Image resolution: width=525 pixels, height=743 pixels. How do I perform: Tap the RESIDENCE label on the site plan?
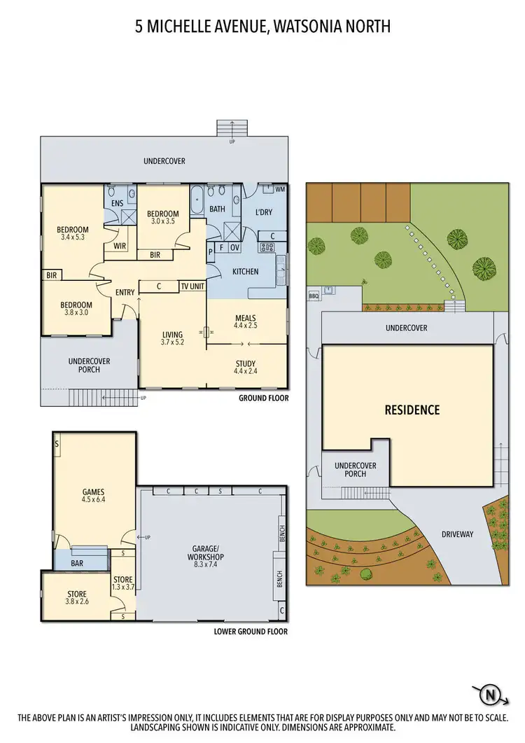pos(412,410)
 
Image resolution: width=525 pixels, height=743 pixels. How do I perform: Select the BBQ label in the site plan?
pos(314,296)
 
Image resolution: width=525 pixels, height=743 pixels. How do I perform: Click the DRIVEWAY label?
pos(458,534)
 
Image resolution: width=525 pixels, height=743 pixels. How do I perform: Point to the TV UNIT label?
pos(192,286)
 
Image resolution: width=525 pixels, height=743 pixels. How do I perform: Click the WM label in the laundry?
pos(279,189)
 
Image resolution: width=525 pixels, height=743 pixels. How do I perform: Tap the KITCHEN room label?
pos(245,272)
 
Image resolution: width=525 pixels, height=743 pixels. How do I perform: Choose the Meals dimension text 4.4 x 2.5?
pos(246,326)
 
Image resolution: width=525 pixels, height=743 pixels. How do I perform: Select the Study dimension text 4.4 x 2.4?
pos(246,371)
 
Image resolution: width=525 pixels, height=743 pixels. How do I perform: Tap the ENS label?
pos(117,204)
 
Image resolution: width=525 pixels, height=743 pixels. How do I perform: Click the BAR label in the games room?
pos(77,562)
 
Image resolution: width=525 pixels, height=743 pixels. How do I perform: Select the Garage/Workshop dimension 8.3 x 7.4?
pos(211,558)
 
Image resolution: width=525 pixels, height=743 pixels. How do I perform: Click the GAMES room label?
pos(93,492)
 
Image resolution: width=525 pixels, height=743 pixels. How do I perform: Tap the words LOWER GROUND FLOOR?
pos(251,631)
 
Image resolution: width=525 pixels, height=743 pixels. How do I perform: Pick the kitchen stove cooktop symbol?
pos(266,246)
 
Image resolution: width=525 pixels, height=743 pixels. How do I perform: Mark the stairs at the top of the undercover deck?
pos(232,129)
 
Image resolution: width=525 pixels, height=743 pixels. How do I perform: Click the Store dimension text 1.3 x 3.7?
pos(122,587)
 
